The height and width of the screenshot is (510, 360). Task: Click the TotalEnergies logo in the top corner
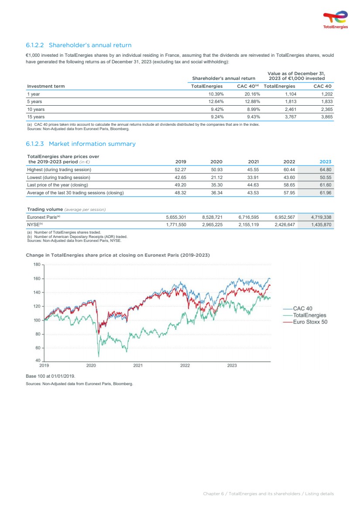click(335, 20)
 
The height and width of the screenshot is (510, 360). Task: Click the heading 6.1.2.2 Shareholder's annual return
click(79, 45)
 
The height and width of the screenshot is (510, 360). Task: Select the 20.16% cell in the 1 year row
click(252, 94)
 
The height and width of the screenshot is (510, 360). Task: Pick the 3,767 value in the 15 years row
click(285, 117)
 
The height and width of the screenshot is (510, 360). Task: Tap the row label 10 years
click(36, 109)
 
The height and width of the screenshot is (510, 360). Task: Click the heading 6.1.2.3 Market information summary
click(81, 144)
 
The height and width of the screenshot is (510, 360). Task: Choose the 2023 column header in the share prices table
click(325, 162)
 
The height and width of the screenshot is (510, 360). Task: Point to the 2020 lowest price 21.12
click(216, 177)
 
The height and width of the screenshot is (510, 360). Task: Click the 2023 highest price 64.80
click(325, 169)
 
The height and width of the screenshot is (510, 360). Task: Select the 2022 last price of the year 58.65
click(289, 185)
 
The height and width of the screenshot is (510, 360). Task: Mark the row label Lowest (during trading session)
click(58, 177)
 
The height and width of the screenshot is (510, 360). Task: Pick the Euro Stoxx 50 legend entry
click(310, 322)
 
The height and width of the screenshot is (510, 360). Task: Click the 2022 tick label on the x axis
click(185, 365)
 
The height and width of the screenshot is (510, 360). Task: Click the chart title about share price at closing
click(118, 255)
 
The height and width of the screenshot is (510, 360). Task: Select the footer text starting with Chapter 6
click(268, 493)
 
